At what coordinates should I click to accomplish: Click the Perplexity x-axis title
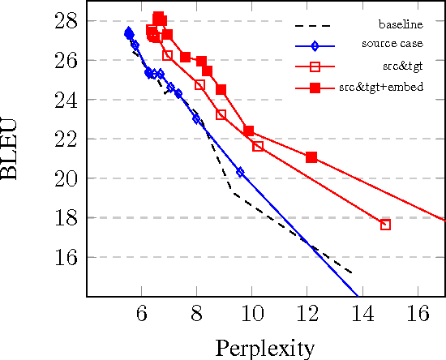pos(264,349)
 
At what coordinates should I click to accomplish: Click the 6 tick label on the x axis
pos(141,312)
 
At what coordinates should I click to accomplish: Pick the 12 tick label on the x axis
pos(307,312)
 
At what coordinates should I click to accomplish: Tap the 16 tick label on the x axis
pos(418,312)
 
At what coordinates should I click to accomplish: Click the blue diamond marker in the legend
pos(312,45)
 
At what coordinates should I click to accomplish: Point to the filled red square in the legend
pos(312,87)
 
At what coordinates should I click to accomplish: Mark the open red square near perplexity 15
pos(385,224)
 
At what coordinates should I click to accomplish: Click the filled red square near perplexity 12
pos(311,156)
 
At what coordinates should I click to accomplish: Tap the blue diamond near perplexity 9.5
pos(240,172)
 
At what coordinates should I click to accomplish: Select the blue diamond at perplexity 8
pos(196,119)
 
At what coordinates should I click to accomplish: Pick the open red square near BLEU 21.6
pos(258,146)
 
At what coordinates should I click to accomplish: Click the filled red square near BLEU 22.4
pos(248,131)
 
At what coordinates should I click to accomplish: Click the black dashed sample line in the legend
pos(312,25)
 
